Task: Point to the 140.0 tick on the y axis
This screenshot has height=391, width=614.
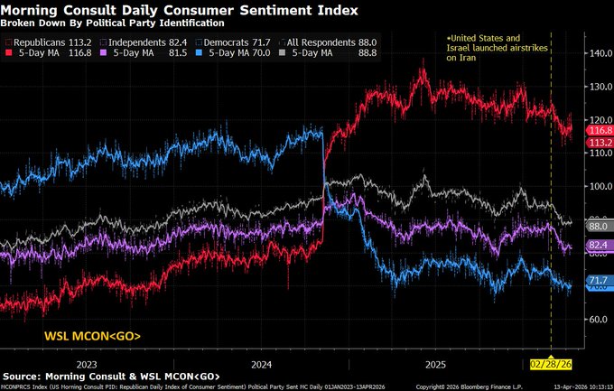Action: [x=599, y=53]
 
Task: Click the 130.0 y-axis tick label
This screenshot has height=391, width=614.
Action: [x=599, y=87]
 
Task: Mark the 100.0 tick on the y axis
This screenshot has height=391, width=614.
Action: [x=599, y=186]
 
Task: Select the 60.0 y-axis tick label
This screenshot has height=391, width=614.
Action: [x=599, y=319]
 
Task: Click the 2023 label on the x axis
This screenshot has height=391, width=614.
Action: [x=88, y=365]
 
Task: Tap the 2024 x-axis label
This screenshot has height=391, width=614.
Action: [x=262, y=365]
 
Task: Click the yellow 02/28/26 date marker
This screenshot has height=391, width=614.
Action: [x=552, y=365]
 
